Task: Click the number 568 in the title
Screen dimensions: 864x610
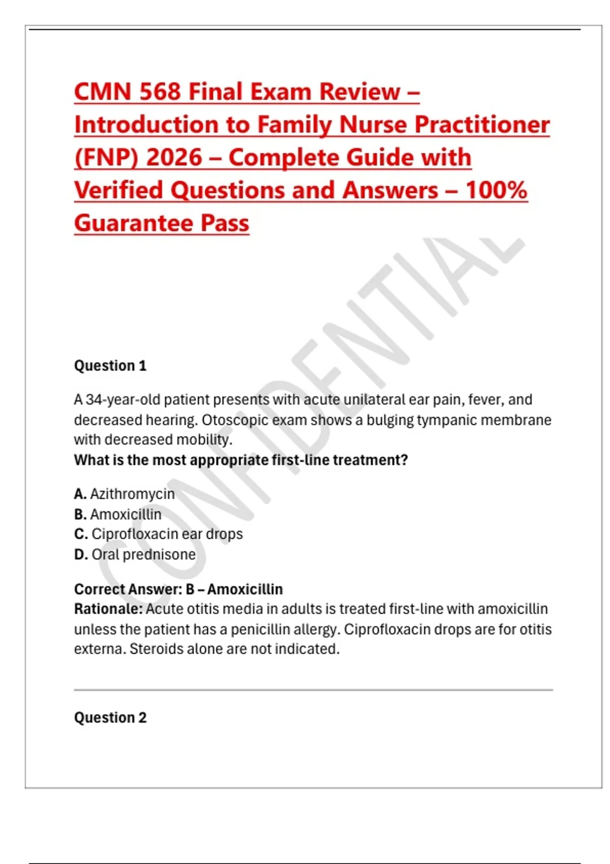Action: click(x=160, y=92)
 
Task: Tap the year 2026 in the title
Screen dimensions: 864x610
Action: click(x=174, y=158)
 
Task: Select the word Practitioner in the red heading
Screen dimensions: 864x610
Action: click(x=482, y=125)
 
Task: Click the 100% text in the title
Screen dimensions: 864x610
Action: click(x=496, y=191)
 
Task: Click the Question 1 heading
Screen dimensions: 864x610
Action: click(x=110, y=365)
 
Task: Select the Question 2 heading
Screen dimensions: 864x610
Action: click(x=110, y=718)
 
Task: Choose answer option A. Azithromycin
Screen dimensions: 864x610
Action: click(x=125, y=494)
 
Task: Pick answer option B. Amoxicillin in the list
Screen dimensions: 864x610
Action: click(x=118, y=514)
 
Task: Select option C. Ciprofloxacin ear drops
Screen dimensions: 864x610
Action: click(x=159, y=534)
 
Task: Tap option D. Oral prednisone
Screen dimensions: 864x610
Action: click(x=135, y=554)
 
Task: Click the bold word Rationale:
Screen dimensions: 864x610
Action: click(x=108, y=609)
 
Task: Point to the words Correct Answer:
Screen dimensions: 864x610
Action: click(x=128, y=589)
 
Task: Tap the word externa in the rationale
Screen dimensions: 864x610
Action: click(x=100, y=649)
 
